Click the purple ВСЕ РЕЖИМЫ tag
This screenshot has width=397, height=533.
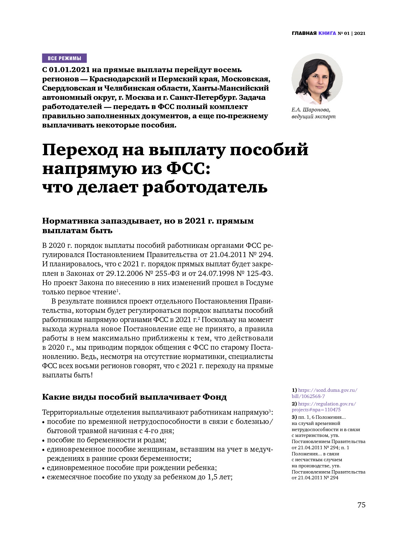click(x=64, y=58)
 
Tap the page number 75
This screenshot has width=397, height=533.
click(x=361, y=505)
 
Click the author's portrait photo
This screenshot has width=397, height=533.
click(x=317, y=79)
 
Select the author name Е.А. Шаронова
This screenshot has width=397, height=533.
click(x=311, y=110)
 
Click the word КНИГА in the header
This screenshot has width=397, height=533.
click(x=327, y=33)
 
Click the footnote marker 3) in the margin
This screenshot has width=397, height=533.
click(x=294, y=417)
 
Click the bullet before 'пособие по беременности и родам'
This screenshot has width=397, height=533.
click(x=43, y=440)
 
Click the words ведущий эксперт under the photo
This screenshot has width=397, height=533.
click(x=313, y=117)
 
